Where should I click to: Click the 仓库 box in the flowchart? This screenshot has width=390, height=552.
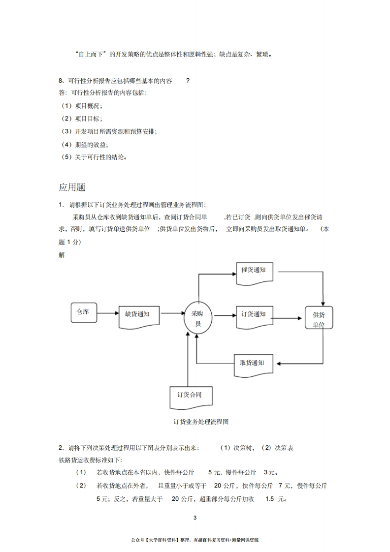tap(84, 312)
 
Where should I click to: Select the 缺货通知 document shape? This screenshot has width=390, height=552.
tap(139, 317)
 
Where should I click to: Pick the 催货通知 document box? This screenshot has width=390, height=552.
tap(255, 274)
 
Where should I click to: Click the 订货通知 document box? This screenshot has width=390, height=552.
tap(255, 317)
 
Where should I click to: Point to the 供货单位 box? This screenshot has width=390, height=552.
tap(319, 317)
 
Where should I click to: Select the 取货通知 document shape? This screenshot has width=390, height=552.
tap(254, 366)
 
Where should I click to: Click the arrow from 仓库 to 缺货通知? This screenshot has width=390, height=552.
tap(108, 313)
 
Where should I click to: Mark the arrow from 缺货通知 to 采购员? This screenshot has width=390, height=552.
tap(173, 313)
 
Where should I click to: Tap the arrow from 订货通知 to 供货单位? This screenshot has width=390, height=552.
tap(286, 318)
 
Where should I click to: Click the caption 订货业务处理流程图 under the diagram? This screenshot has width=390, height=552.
tap(201, 422)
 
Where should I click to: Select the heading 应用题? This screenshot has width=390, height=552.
tap(72, 187)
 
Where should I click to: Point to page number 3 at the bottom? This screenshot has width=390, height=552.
tap(195, 518)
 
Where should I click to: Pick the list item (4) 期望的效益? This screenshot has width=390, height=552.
tap(85, 144)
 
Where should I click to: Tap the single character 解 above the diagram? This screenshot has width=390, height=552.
tap(62, 255)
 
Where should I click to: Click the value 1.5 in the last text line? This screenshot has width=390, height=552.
tap(269, 499)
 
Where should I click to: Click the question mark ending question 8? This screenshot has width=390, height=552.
tap(188, 81)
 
